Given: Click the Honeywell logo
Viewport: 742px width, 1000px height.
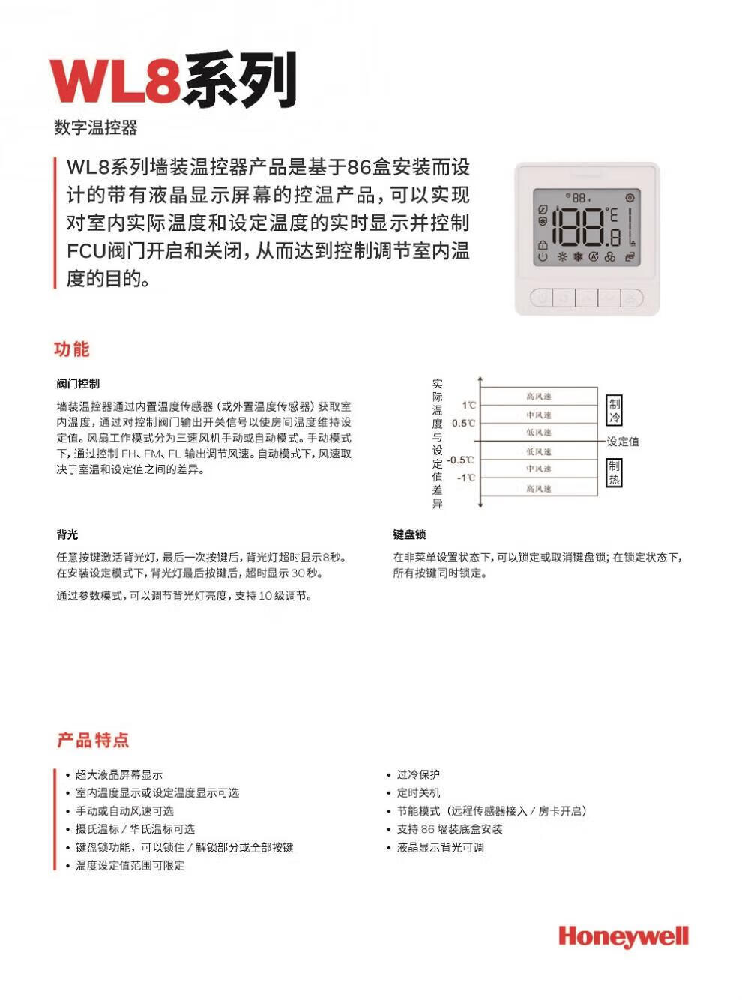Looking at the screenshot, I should (x=623, y=936).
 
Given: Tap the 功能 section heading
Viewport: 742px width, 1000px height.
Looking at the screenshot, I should (x=71, y=349).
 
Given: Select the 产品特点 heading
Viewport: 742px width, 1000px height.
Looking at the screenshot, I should (x=93, y=741).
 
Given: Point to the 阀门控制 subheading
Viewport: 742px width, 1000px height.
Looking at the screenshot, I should (x=78, y=384).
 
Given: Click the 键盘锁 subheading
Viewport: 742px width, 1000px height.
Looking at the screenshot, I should (x=409, y=534).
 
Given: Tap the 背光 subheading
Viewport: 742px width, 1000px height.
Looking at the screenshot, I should (x=67, y=534).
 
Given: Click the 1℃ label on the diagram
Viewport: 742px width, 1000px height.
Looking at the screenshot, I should (x=468, y=406).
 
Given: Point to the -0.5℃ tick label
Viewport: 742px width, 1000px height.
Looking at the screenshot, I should (x=460, y=460).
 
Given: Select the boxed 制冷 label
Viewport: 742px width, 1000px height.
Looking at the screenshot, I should (x=614, y=410).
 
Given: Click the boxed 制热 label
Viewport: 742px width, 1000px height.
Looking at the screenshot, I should (x=614, y=472).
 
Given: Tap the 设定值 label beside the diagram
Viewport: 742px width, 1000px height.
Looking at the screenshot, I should (x=623, y=442).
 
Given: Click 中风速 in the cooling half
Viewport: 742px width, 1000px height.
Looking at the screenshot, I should (x=538, y=415).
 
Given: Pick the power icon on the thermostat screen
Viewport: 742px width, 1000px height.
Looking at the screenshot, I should (x=542, y=257).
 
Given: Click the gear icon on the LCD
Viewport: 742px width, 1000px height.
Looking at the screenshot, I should (x=630, y=198).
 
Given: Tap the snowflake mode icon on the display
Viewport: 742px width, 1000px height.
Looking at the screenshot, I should (x=578, y=257).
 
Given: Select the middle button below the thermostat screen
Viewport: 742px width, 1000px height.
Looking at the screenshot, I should (x=587, y=298).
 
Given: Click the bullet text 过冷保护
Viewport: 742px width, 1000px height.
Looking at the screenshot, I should (x=418, y=774).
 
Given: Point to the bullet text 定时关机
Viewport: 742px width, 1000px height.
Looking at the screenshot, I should (x=418, y=792).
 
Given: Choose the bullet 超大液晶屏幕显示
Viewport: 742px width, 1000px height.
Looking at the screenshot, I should (x=118, y=774).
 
